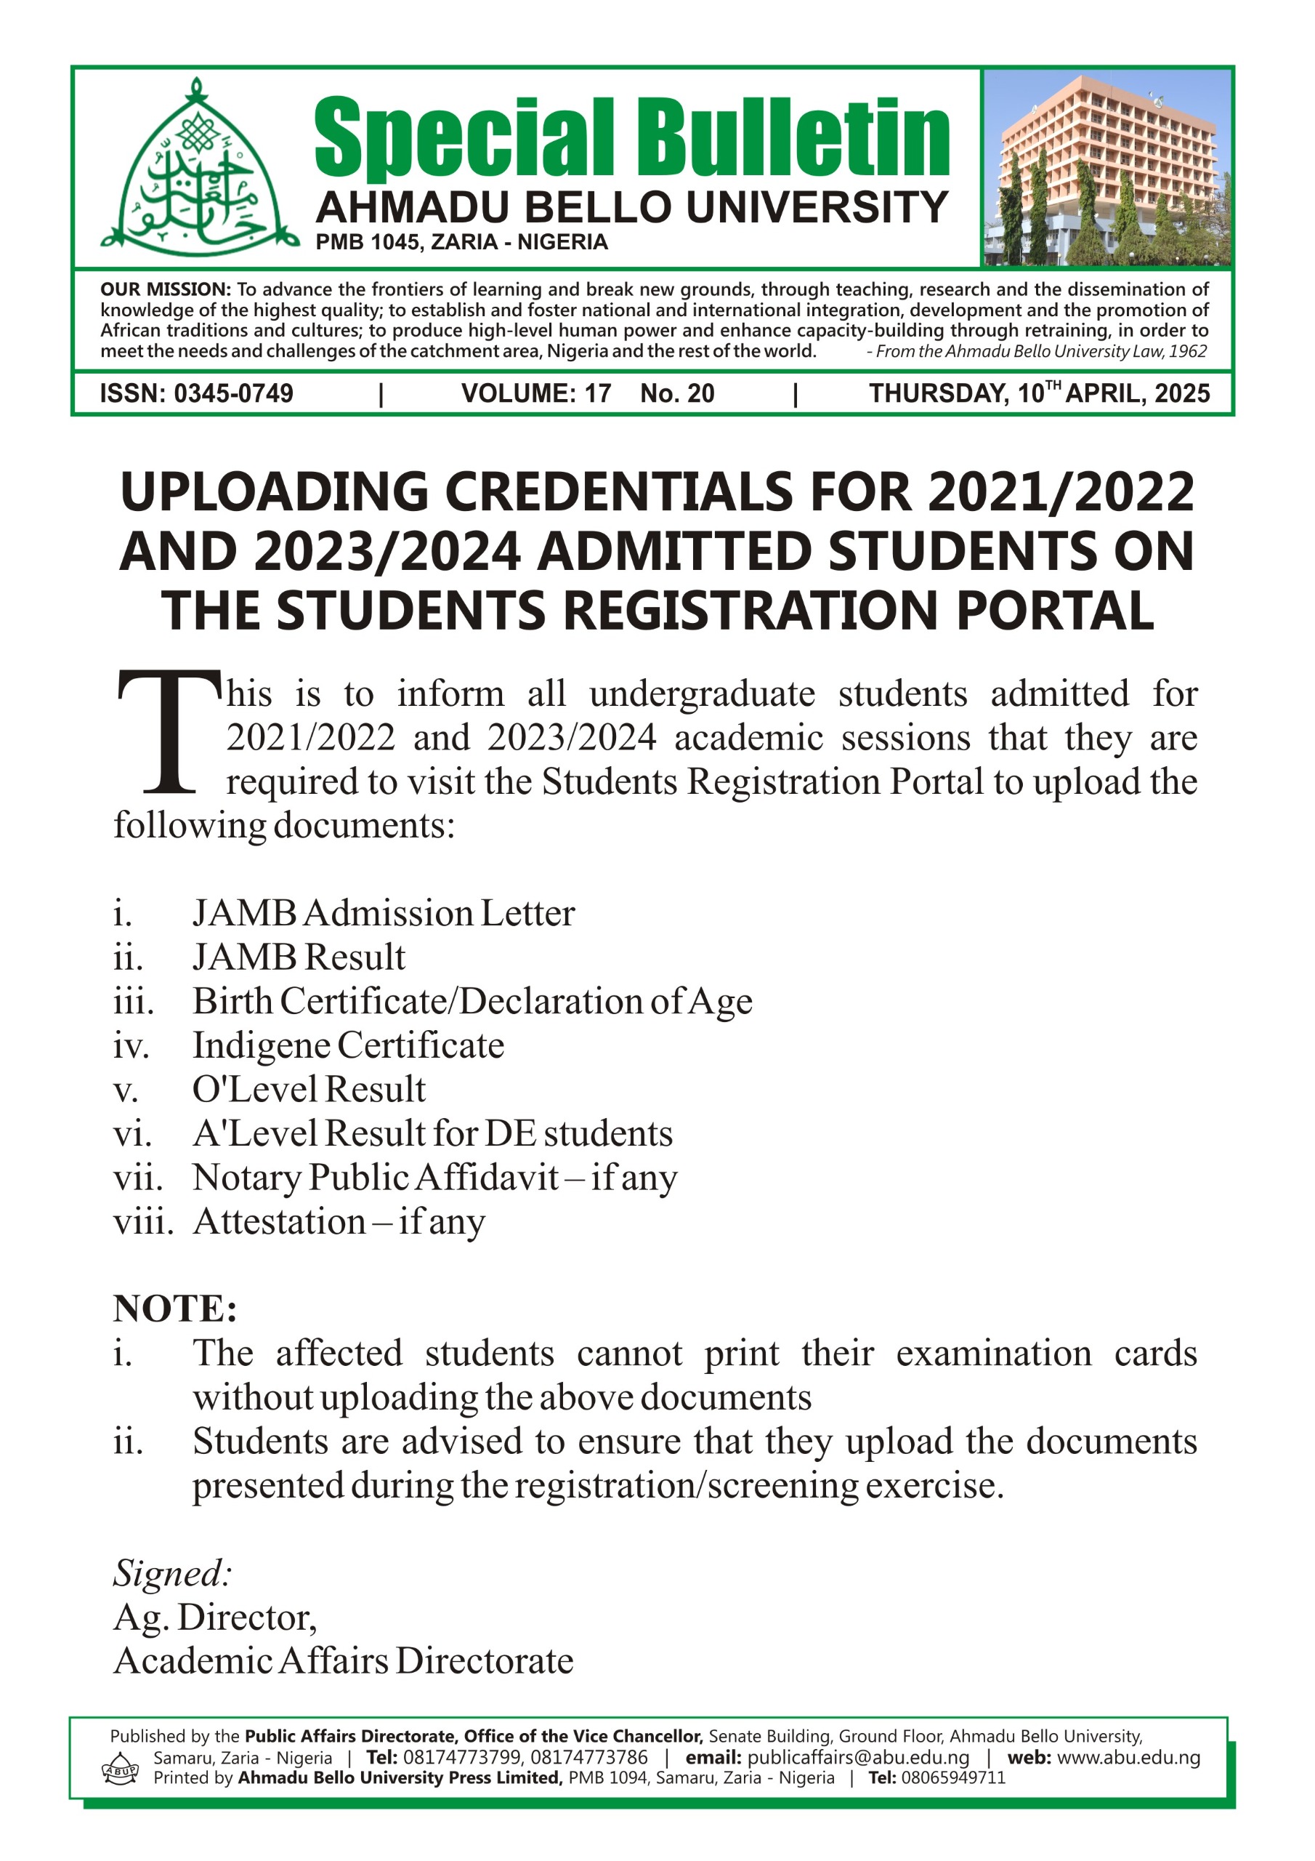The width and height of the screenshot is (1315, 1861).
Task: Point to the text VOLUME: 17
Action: click(535, 394)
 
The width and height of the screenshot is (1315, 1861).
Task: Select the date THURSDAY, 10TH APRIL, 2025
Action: click(1039, 394)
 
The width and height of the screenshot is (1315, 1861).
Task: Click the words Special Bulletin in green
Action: click(631, 138)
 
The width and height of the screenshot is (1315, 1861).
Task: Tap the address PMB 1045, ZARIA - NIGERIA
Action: click(461, 242)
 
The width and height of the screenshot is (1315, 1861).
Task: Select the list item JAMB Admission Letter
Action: click(383, 914)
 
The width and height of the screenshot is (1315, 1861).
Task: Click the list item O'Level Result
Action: click(309, 1090)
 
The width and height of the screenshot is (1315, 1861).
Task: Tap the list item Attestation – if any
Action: click(339, 1221)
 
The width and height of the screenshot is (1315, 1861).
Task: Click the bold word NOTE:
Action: click(175, 1309)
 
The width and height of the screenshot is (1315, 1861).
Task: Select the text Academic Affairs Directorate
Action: click(344, 1661)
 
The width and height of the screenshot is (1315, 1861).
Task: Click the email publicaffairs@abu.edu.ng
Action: click(858, 1757)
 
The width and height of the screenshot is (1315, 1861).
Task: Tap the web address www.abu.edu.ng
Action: click(1128, 1757)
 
